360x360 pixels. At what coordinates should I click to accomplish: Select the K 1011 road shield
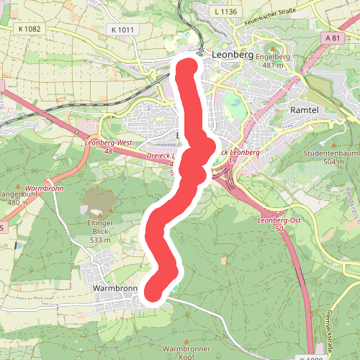tap(123, 29)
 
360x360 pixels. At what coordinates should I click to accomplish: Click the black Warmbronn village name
tap(114, 287)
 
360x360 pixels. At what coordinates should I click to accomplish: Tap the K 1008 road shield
tap(315, 356)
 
